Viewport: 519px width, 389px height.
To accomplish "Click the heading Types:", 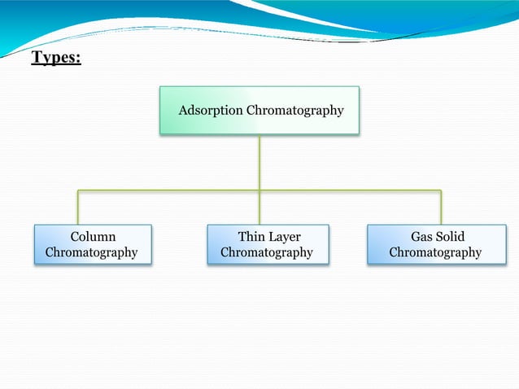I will (56, 59).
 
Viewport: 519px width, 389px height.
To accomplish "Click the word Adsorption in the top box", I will (210, 110).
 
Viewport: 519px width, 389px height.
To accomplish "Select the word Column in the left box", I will (92, 236).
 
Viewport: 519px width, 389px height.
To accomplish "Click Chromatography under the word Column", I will (91, 252).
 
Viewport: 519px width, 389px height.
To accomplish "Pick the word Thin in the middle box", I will (251, 236).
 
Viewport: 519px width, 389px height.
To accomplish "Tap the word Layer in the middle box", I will (284, 236).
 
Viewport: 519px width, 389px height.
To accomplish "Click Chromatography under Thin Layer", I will (267, 252).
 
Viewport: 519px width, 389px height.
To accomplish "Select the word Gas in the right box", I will (421, 236).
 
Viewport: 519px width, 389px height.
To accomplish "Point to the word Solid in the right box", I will (450, 236).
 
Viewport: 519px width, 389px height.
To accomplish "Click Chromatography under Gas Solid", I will (435, 252).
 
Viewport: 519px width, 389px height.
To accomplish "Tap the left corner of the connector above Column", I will (78, 191).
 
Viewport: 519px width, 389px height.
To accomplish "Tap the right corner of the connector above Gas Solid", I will (441, 191).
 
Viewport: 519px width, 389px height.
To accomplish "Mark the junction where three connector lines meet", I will (259, 191).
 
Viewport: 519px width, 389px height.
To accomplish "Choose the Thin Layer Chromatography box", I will (268, 244).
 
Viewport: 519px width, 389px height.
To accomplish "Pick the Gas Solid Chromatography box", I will (436, 244).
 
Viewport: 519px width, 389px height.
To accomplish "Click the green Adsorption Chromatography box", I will (259, 110).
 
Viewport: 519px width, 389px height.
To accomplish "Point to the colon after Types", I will (78, 60).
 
